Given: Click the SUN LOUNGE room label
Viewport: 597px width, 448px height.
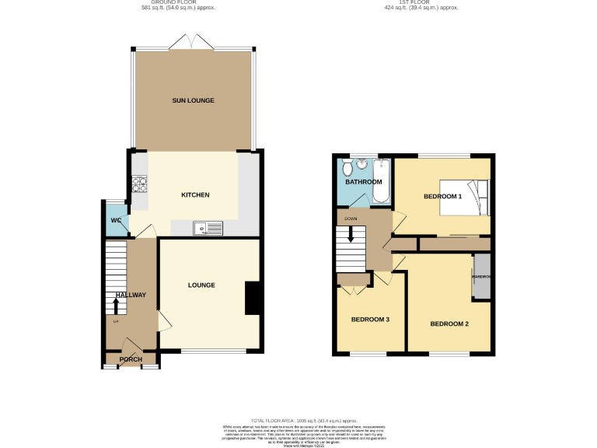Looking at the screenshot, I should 193,100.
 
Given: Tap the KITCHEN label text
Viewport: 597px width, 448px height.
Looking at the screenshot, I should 195,194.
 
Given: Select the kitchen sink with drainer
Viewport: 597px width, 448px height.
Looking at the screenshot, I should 208,227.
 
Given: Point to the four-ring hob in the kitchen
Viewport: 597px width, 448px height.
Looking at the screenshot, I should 141,184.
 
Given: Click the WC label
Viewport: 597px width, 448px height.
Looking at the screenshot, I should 116,220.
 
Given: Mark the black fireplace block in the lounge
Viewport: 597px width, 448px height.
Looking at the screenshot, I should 253,298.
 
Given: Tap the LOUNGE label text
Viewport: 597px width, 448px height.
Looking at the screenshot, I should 201,285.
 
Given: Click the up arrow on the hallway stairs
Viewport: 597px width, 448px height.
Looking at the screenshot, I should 116,306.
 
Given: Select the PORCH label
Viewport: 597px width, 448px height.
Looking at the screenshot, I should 130,359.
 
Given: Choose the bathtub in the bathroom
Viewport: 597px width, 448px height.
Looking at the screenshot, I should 381,181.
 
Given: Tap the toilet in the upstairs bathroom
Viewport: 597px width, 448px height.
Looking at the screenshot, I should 347,169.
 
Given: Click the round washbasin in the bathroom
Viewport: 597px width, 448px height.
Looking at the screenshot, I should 362,164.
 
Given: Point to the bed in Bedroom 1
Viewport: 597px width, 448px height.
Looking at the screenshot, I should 464,197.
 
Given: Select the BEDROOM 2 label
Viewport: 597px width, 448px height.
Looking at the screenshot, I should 449,324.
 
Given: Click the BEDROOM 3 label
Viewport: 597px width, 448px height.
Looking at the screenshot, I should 370,319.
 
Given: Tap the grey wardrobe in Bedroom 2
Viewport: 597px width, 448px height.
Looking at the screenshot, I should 482,276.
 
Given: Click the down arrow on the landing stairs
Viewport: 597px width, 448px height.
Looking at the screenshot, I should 351,233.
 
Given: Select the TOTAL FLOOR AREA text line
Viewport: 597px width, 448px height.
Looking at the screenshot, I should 298,419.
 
